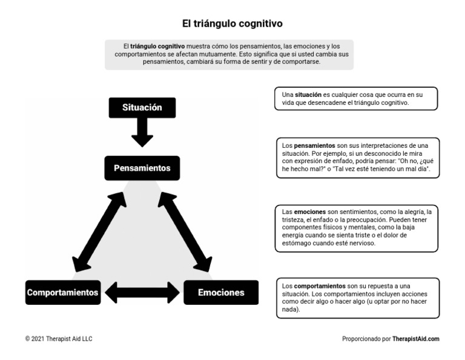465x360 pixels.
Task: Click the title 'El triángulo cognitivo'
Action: [232, 24]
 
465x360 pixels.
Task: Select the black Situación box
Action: [142, 107]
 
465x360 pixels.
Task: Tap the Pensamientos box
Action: [142, 168]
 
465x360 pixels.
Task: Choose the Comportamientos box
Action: [62, 292]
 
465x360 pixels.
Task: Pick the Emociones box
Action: [221, 292]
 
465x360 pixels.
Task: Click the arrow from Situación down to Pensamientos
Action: [142, 132]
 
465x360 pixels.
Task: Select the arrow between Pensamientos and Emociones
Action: [185, 231]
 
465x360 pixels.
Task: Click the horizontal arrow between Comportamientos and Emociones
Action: [142, 292]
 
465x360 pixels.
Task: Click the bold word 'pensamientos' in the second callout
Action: [314, 145]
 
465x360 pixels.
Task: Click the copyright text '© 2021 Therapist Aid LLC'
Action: [59, 339]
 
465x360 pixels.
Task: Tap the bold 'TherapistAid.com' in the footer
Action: [415, 339]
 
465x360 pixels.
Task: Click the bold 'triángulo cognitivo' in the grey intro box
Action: [157, 46]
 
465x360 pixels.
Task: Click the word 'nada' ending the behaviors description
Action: [291, 309]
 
